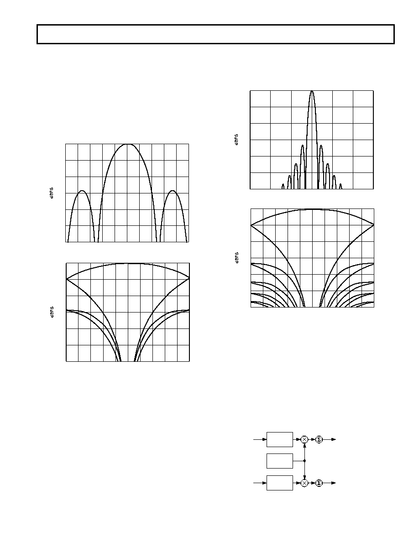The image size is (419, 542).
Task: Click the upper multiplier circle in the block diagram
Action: point(304,439)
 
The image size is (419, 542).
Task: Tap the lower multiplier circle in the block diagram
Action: point(304,483)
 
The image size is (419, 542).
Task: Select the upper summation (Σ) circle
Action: point(319,439)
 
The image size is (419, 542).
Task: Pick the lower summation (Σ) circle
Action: point(319,483)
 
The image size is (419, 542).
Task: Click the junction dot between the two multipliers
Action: point(304,461)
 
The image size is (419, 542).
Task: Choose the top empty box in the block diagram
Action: point(280,439)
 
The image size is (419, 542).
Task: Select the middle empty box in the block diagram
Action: point(280,461)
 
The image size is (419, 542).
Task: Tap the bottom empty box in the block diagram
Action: point(280,483)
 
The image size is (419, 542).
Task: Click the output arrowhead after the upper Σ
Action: point(334,439)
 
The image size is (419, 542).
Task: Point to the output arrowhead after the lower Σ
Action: point(334,483)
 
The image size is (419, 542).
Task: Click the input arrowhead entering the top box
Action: point(264,439)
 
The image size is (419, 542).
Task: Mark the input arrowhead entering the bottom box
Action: point(264,483)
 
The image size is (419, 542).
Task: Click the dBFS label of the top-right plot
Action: point(237,140)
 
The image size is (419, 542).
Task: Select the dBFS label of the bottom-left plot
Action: point(52,312)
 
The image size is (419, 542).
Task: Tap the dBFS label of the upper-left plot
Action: point(52,193)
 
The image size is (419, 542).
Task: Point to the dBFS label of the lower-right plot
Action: point(237,258)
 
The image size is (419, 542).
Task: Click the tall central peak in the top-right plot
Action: point(312,92)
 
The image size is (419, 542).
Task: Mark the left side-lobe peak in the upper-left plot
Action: point(82,191)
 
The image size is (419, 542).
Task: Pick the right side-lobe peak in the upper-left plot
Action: point(173,191)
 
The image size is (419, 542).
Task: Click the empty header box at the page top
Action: point(216,34)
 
